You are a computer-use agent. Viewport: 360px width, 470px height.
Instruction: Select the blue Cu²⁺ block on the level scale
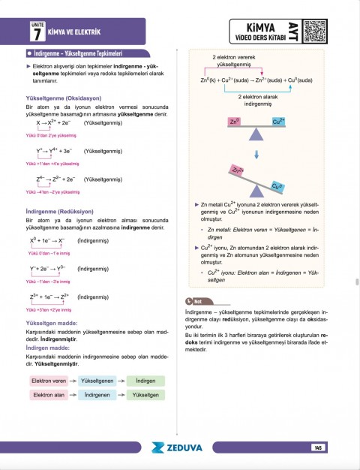(278, 121)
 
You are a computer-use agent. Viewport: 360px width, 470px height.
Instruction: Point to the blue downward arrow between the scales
(256, 155)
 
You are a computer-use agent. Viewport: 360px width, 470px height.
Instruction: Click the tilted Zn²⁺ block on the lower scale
(238, 171)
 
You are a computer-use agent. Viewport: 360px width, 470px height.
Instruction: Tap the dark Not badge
(203, 302)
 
